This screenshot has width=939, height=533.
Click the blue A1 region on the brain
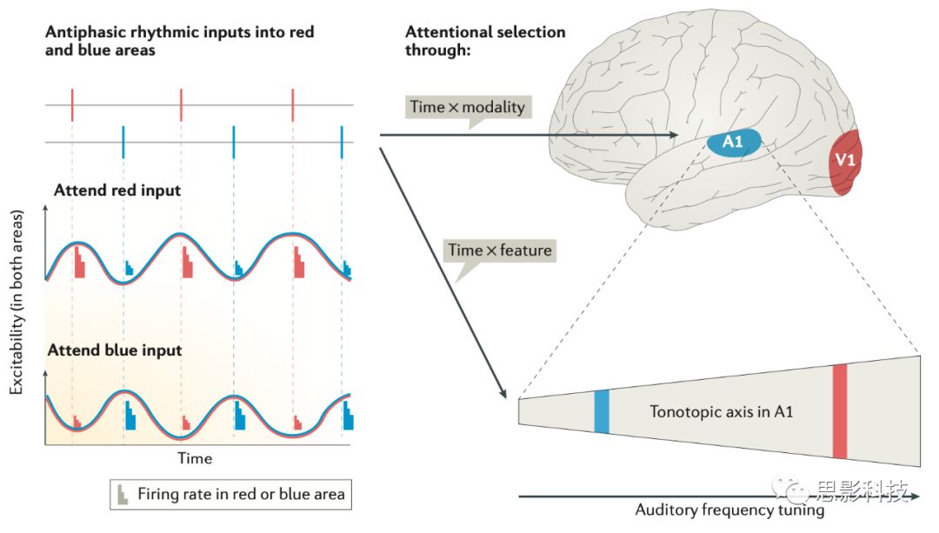pyautogui.click(x=733, y=142)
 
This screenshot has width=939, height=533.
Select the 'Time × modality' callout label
pyautogui.click(x=468, y=107)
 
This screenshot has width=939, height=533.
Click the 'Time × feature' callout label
pyautogui.click(x=500, y=250)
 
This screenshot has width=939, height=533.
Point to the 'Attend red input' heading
pyautogui.click(x=117, y=190)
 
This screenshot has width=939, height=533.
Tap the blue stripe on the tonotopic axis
pyautogui.click(x=601, y=411)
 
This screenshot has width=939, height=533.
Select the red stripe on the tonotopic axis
pyautogui.click(x=839, y=411)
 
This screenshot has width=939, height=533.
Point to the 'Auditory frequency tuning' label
pyautogui.click(x=729, y=510)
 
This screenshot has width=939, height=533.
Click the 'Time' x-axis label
pyautogui.click(x=195, y=457)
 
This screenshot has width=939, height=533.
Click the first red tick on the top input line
pyautogui.click(x=72, y=105)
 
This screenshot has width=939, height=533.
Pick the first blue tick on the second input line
pyautogui.click(x=123, y=141)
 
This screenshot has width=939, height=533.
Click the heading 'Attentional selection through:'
pyautogui.click(x=485, y=40)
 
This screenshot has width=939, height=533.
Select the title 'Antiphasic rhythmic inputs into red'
pyautogui.click(x=179, y=32)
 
